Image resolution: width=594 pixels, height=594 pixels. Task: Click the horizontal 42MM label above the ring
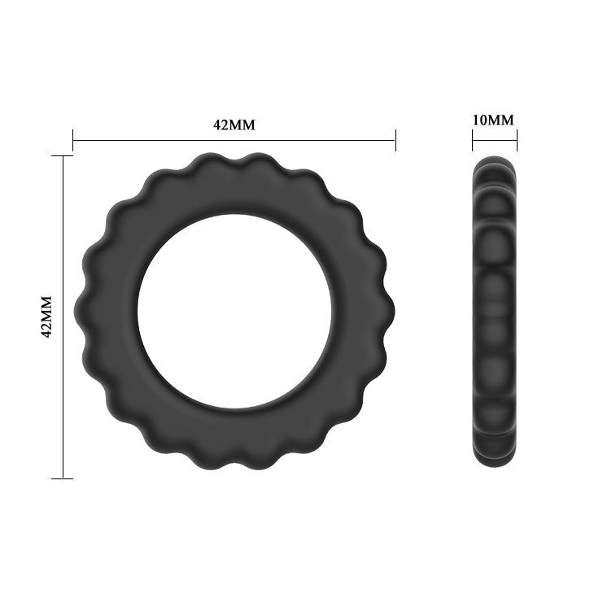[x=234, y=124]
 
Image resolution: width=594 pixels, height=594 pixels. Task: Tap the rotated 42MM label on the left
[x=47, y=316]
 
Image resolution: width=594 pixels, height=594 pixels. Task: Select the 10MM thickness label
[x=494, y=120]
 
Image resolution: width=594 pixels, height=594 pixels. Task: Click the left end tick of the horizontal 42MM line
[x=73, y=140]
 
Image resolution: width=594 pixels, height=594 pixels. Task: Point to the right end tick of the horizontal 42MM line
[x=395, y=140]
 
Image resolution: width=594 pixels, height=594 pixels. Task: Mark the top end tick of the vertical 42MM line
[x=63, y=155]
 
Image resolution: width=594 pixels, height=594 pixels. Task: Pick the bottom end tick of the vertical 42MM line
[x=63, y=478]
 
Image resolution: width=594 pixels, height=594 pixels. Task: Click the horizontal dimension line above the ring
[x=163, y=140]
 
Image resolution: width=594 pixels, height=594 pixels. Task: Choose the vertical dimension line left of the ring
[x=63, y=244]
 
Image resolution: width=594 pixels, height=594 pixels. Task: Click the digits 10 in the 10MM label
[x=480, y=120]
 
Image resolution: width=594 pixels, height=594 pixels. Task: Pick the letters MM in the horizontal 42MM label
[x=244, y=124]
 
